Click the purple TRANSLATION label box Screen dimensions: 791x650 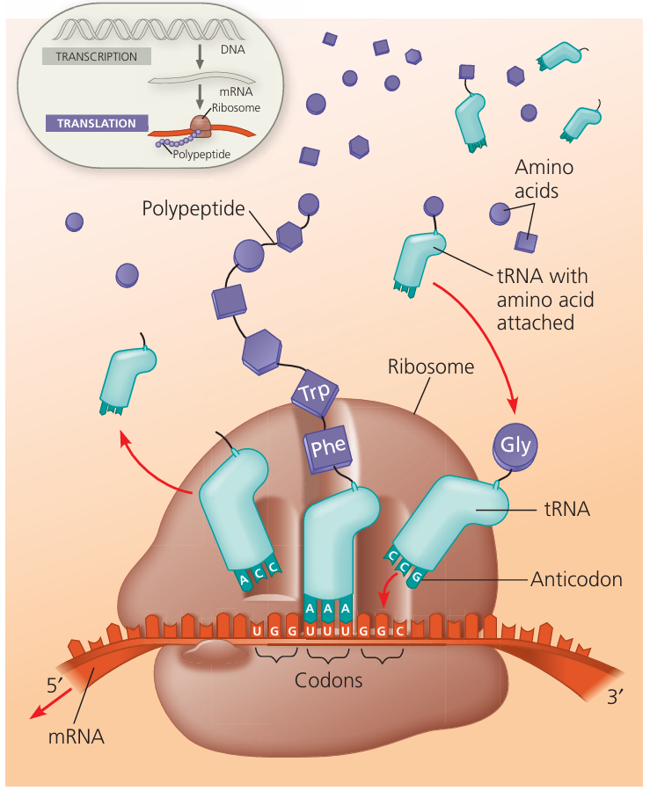pyautogui.click(x=96, y=124)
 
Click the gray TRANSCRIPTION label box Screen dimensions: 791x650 pyautogui.click(x=96, y=56)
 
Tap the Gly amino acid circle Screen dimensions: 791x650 pyautogui.click(x=515, y=445)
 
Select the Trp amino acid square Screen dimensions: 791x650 pyautogui.click(x=313, y=393)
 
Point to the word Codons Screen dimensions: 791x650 pyautogui.click(x=328, y=679)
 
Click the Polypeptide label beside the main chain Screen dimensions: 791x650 pyautogui.click(x=194, y=209)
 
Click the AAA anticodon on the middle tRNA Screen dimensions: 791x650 pyautogui.click(x=327, y=608)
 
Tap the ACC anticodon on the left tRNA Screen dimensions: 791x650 pyautogui.click(x=259, y=575)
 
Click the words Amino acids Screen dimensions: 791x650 pyautogui.click(x=537, y=178)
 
